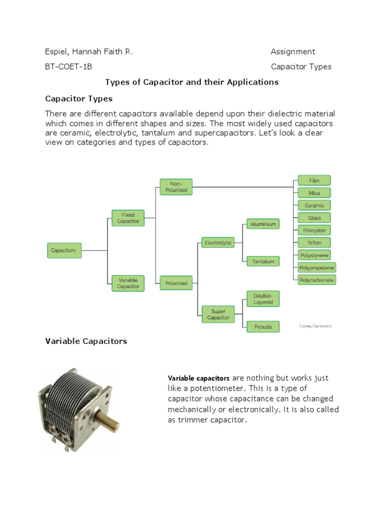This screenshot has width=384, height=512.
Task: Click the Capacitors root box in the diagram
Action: tap(64, 250)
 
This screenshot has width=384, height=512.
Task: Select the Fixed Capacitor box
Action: tap(128, 217)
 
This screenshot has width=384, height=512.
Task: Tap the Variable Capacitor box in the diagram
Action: tap(128, 283)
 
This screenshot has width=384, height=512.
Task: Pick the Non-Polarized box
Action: tap(176, 187)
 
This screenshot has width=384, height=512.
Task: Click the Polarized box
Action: tap(176, 283)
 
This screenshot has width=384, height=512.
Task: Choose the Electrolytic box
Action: tap(218, 243)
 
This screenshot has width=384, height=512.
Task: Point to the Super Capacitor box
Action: tap(218, 314)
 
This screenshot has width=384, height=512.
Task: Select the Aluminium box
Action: tap(263, 224)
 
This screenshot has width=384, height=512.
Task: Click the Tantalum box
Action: tap(263, 261)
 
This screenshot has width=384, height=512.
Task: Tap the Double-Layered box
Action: tap(263, 299)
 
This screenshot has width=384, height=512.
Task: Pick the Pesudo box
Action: tap(263, 327)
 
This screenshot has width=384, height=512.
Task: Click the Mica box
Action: tap(314, 193)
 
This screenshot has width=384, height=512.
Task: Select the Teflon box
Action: tap(314, 242)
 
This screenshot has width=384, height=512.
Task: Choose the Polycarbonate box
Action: tap(316, 280)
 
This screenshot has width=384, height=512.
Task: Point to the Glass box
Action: tap(314, 217)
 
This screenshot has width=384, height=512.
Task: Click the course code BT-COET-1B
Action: tap(68, 67)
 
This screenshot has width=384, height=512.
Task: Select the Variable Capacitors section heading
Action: tap(86, 341)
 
